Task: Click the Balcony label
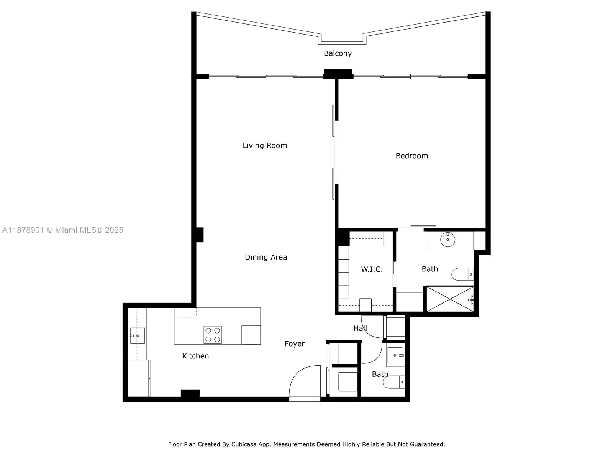click(338, 53)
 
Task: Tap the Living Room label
click(265, 145)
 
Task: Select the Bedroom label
click(411, 156)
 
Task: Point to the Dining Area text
click(266, 257)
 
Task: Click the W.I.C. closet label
click(372, 269)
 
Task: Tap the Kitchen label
click(195, 356)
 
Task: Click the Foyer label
click(295, 344)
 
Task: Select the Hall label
click(360, 329)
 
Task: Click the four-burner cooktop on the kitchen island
click(213, 334)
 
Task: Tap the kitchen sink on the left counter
click(137, 336)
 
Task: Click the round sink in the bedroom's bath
click(447, 240)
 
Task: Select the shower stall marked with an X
click(450, 299)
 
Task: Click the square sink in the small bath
click(395, 355)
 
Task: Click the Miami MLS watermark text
click(62, 230)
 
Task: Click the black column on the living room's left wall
click(199, 235)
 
